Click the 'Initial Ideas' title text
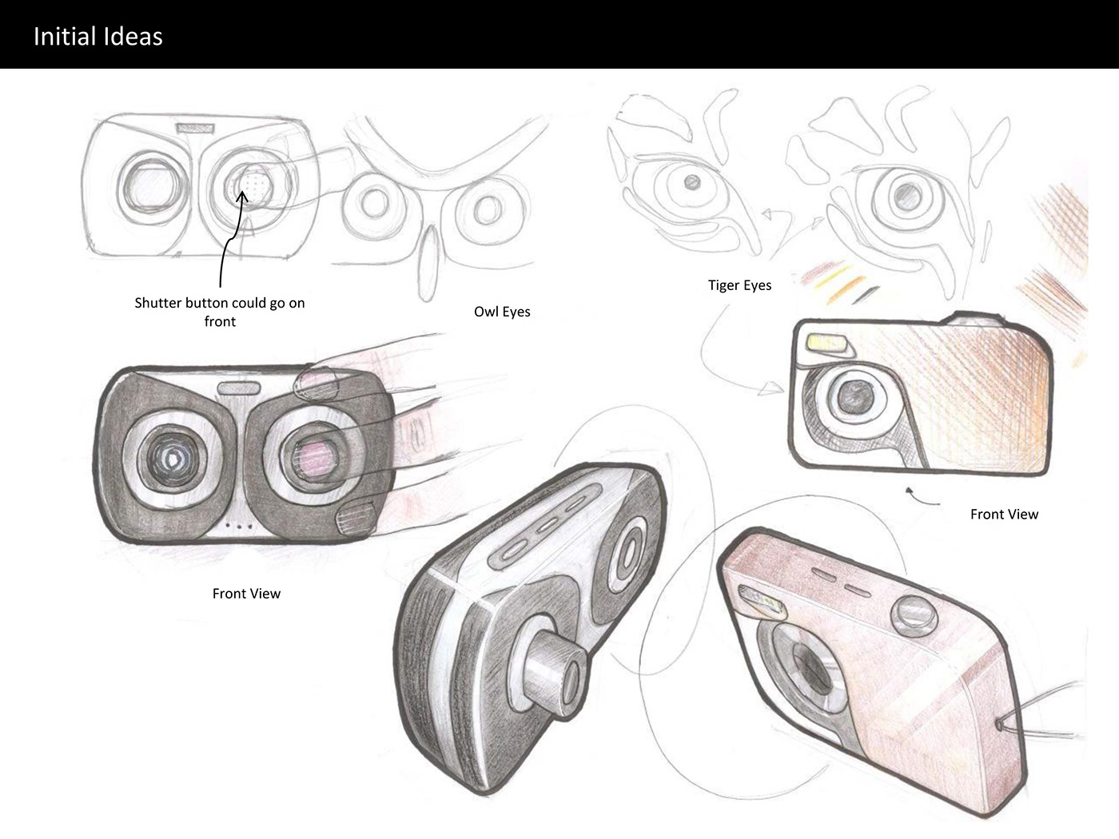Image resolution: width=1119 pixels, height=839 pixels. tap(98, 37)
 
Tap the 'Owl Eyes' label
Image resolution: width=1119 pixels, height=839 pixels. tap(502, 312)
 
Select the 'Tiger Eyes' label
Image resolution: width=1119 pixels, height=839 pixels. tap(739, 285)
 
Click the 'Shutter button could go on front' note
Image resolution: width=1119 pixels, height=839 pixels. tap(220, 312)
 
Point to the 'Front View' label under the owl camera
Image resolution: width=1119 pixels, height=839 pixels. tap(246, 594)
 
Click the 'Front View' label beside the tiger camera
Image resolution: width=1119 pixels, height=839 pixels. tap(1004, 514)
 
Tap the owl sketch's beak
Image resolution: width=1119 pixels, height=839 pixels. tap(428, 262)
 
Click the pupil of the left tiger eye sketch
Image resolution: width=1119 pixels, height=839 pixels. tap(692, 182)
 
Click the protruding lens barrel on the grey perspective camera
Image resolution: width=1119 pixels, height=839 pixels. tap(553, 673)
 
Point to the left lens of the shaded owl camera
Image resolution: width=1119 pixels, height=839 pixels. tap(173, 457)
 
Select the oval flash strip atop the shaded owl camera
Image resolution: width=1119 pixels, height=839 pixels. tap(239, 388)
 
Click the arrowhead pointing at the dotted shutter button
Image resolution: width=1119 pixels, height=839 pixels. tap(243, 196)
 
